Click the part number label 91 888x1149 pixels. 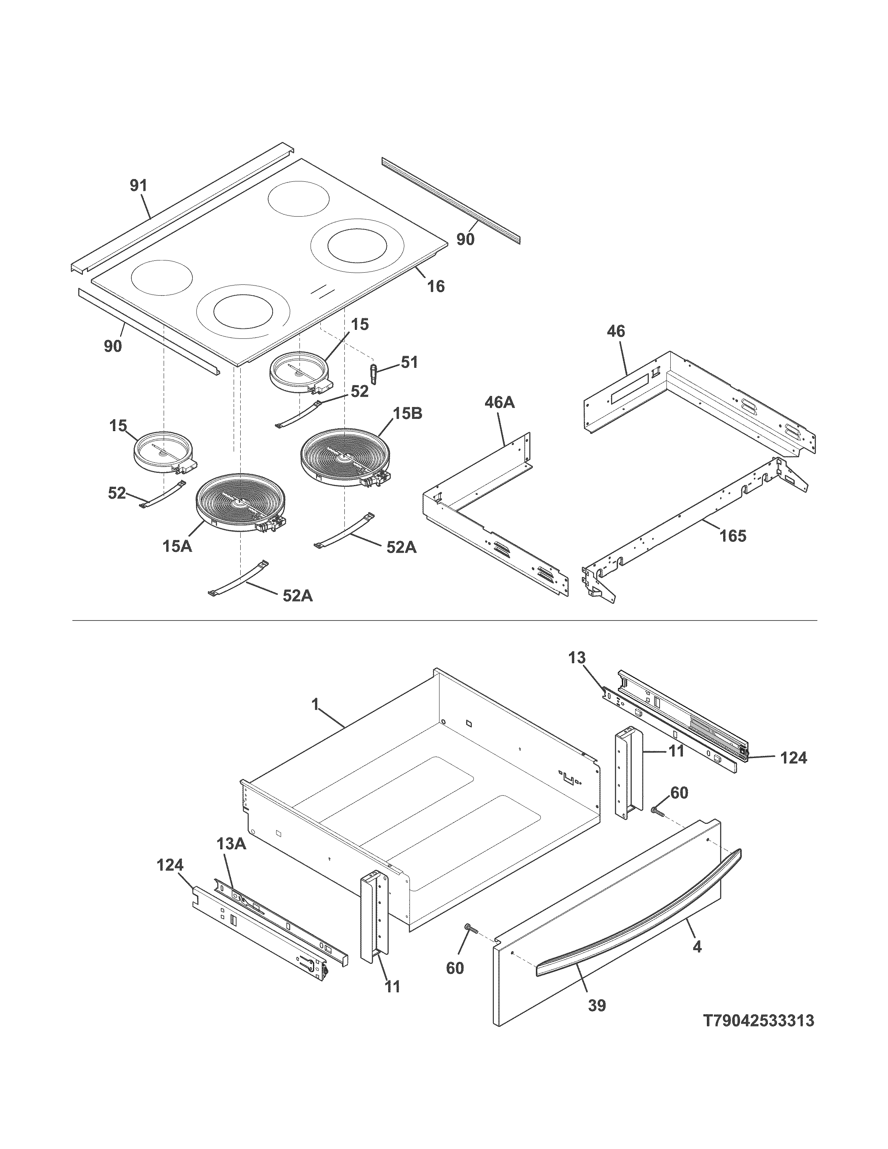coord(139,186)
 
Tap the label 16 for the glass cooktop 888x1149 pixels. coord(436,286)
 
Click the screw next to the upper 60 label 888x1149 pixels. coord(657,812)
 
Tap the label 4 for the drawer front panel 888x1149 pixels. coord(697,946)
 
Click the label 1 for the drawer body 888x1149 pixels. coord(315,704)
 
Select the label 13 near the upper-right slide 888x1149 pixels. coord(577,658)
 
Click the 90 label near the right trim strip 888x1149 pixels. coord(465,240)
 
